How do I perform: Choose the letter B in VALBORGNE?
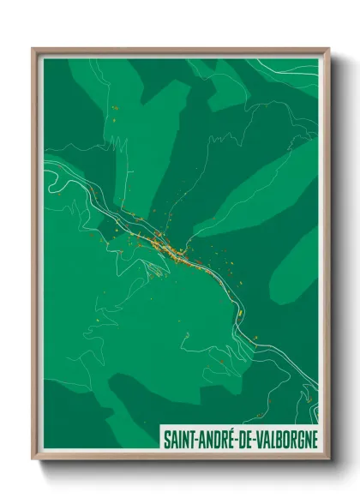pyautogui.click(x=278, y=438)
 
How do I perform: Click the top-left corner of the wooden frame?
pyautogui.click(x=33, y=49)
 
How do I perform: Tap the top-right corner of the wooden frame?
pyautogui.click(x=328, y=49)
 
